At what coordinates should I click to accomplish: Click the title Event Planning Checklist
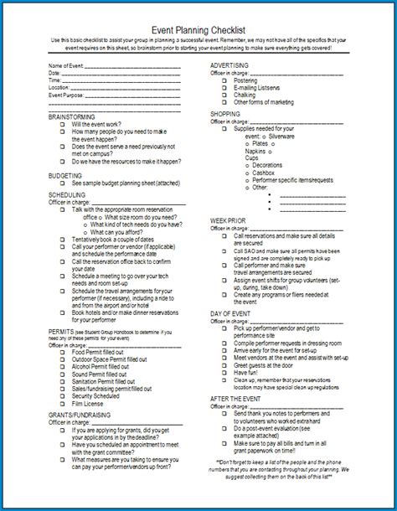point(198,27)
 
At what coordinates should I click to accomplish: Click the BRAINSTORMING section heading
point(72,116)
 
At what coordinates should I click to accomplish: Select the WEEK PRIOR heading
point(228,219)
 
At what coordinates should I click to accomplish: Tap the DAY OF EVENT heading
point(232,312)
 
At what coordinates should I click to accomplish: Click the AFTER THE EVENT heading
point(237,398)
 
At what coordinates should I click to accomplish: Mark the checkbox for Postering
point(226,80)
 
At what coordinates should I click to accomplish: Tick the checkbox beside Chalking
point(226,94)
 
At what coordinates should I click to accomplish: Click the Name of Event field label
point(67,65)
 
